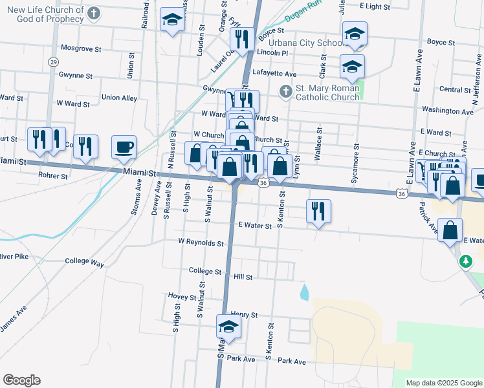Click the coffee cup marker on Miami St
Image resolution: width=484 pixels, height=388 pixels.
tap(124, 147)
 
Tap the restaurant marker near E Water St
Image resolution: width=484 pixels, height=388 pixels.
tap(318, 211)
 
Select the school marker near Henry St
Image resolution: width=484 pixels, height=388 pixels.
tap(228, 328)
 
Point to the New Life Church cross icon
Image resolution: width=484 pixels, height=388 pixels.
tap(94, 13)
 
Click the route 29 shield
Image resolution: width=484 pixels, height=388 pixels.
tap(53, 61)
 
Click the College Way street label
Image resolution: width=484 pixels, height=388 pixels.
tap(84, 263)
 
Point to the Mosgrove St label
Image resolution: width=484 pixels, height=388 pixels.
tap(81, 48)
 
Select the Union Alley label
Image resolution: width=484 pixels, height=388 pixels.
tap(120, 98)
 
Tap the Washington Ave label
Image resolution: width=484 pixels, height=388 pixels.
tap(448, 111)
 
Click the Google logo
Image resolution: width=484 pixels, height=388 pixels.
tap(21, 380)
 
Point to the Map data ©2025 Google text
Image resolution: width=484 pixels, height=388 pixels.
tap(443, 383)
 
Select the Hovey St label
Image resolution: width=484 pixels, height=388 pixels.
tap(182, 297)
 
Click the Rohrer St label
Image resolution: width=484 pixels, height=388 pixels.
tap(53, 175)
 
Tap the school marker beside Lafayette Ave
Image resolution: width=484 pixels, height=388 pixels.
tap(352, 67)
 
